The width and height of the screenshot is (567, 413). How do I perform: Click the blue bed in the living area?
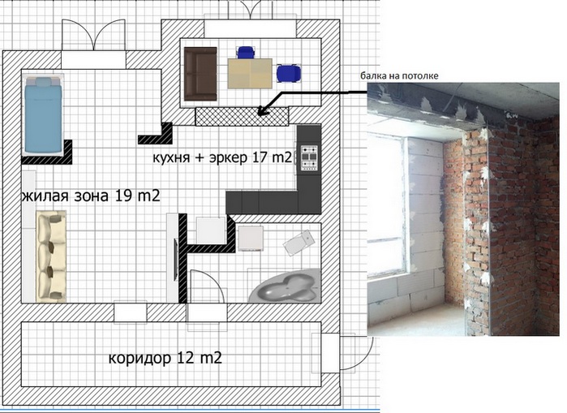pyautogui.click(x=43, y=114)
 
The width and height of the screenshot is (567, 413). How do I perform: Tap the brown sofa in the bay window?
pyautogui.click(x=200, y=74)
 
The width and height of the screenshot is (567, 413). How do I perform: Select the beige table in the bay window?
pyautogui.click(x=250, y=73)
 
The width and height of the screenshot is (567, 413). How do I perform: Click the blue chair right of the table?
pyautogui.click(x=289, y=73)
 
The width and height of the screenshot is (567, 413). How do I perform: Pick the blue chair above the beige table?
pyautogui.click(x=246, y=52)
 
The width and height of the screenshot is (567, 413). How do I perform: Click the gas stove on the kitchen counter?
pyautogui.click(x=309, y=157)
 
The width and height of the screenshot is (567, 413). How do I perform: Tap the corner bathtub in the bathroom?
pyautogui.click(x=286, y=286)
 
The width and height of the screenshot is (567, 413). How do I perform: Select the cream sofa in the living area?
pyautogui.click(x=51, y=256)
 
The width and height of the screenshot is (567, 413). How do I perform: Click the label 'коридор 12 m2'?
pyautogui.click(x=165, y=358)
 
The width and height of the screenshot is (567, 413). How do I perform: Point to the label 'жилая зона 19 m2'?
pyautogui.click(x=91, y=196)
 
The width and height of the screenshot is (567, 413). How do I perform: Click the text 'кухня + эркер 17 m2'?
pyautogui.click(x=222, y=157)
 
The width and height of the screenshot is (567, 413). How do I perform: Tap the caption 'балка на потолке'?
pyautogui.click(x=399, y=76)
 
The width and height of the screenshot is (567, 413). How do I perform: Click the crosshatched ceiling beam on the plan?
pyautogui.click(x=242, y=117)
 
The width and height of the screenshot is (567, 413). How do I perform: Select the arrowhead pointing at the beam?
pyautogui.click(x=264, y=110)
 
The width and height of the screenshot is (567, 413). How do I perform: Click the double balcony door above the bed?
pyautogui.click(x=93, y=34)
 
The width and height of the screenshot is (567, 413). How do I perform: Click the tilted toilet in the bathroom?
pyautogui.click(x=299, y=243)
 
